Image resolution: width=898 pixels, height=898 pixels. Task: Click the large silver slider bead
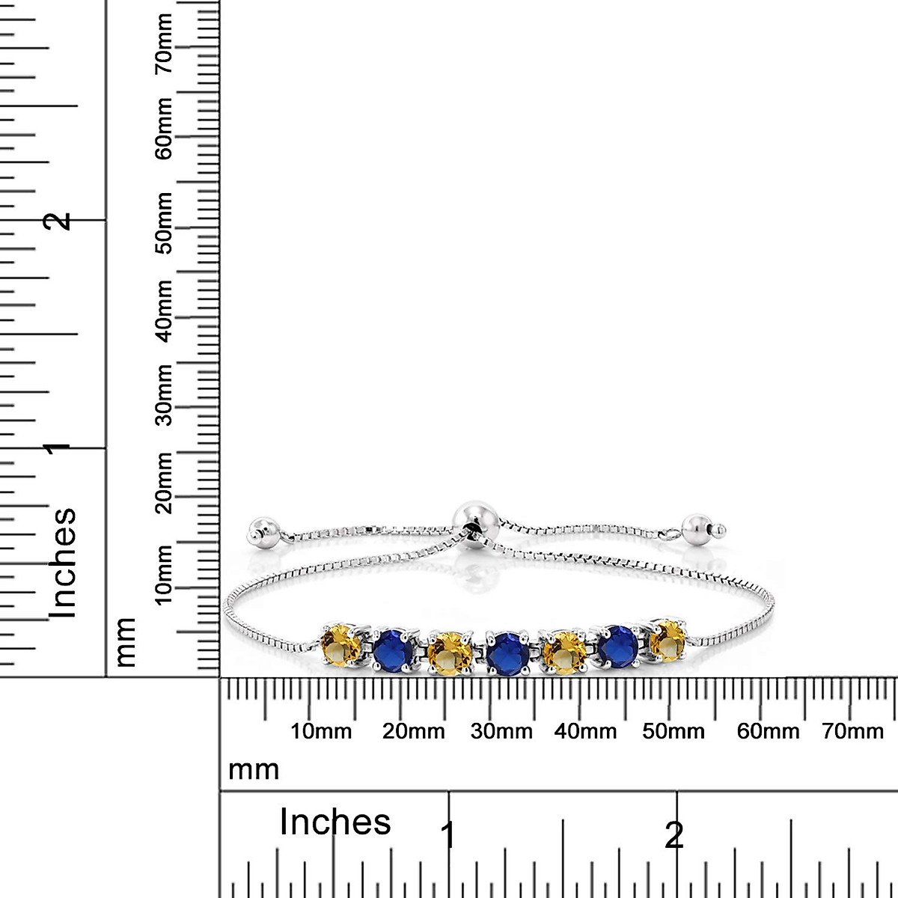pos(472,519)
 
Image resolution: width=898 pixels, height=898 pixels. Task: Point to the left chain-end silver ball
pos(265,531)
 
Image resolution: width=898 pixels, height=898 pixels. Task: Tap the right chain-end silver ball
pos(699,530)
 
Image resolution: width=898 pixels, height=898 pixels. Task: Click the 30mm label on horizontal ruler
pos(501,731)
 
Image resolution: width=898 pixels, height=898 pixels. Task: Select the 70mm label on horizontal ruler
pos(852,731)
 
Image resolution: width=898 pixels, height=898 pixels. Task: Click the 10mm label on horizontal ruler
pos(321,731)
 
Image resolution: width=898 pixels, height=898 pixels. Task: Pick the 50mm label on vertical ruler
pos(165,223)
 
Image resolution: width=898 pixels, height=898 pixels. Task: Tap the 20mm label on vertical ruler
pos(165,482)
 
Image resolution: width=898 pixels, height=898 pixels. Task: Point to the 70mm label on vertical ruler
pos(165,44)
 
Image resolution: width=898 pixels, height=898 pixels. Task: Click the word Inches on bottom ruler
pos(335,822)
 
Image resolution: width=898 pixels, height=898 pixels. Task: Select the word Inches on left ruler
pos(63,563)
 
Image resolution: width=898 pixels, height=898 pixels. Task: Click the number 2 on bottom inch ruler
pos(674,835)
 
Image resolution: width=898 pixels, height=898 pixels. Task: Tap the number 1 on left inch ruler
pos(57,448)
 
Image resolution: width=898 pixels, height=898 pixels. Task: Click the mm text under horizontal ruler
pos(253,769)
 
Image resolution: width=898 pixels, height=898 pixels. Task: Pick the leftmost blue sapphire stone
pos(394,648)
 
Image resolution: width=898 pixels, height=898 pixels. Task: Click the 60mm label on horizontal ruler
pos(768,731)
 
